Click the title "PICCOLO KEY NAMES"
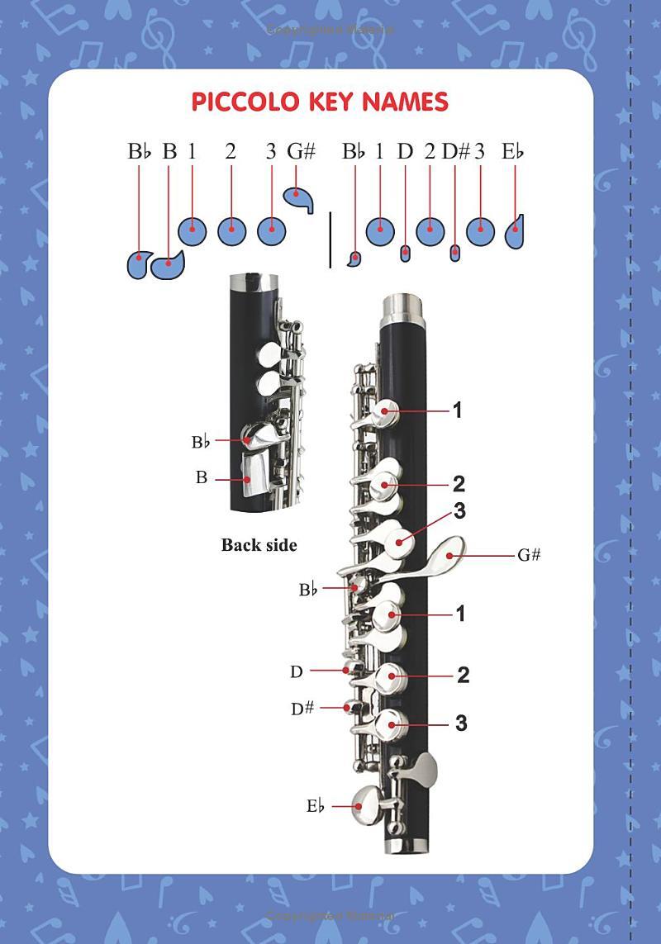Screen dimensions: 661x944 click(320, 102)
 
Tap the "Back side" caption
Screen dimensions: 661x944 click(259, 545)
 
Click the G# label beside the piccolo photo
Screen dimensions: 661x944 click(529, 554)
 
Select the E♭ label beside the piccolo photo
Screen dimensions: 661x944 click(315, 805)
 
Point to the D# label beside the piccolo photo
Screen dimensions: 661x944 click(302, 708)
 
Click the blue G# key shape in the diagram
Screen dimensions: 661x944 click(299, 198)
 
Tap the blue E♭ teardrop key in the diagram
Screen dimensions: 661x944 click(514, 232)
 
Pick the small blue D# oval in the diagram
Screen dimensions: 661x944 click(455, 253)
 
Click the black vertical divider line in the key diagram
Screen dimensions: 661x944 click(330, 240)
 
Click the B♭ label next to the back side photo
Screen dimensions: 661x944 click(201, 442)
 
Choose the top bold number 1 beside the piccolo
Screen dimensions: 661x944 click(458, 410)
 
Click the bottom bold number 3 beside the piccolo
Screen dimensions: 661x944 click(461, 723)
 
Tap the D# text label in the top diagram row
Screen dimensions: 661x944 click(455, 152)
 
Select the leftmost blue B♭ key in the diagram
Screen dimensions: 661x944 click(139, 264)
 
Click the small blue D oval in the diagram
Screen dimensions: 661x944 click(406, 253)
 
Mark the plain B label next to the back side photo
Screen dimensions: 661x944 click(202, 477)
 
